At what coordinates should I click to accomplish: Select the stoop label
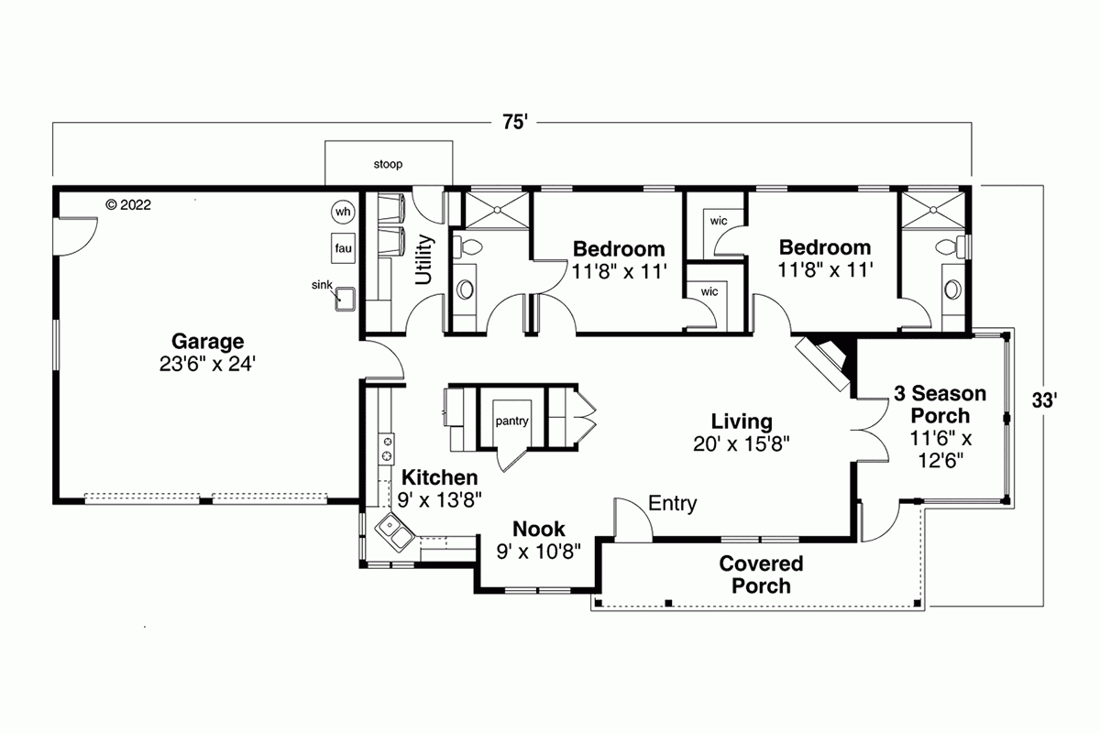tap(388, 165)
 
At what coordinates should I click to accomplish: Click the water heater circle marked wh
tap(343, 213)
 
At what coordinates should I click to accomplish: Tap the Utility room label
tap(424, 259)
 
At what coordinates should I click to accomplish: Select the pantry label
tap(511, 421)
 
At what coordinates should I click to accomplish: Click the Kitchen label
tap(440, 477)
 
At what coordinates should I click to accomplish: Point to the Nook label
tap(538, 529)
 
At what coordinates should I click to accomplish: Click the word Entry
tap(672, 504)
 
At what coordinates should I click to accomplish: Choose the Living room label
tap(742, 421)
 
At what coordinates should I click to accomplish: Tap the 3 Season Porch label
tap(940, 405)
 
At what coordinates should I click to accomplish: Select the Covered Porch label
tap(761, 574)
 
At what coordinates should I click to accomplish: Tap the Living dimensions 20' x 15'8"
tap(742, 443)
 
